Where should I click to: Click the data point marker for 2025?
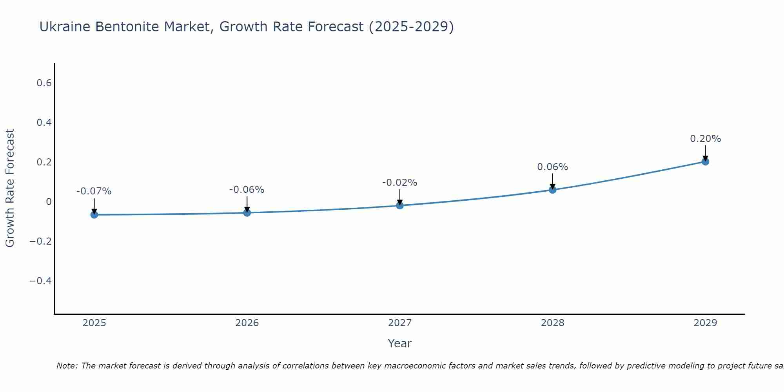click(x=94, y=215)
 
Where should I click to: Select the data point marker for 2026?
click(x=247, y=213)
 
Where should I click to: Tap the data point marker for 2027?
click(x=400, y=205)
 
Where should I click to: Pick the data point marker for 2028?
click(x=553, y=190)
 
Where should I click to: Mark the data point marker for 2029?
click(x=705, y=162)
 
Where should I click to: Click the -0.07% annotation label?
click(x=94, y=192)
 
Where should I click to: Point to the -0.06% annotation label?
click(x=247, y=190)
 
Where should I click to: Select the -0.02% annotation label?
click(x=400, y=183)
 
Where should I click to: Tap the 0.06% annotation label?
click(x=553, y=167)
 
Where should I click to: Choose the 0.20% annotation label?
click(x=705, y=139)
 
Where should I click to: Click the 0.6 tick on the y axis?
click(x=44, y=83)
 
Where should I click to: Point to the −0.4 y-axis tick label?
click(x=40, y=281)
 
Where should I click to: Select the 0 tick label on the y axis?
click(x=49, y=202)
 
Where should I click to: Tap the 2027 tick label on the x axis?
click(x=400, y=323)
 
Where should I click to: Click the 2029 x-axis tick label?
click(x=705, y=323)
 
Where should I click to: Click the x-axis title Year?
click(x=400, y=344)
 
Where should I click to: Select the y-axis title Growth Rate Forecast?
click(x=10, y=188)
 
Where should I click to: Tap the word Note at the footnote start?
click(x=67, y=366)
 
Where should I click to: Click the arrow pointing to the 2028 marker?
click(x=553, y=181)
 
